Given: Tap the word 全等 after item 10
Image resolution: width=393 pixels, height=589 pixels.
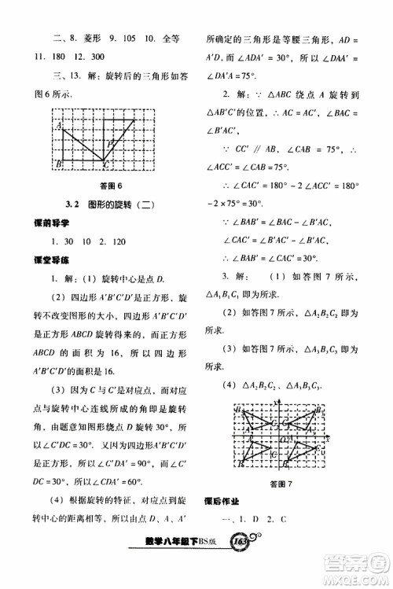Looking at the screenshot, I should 168,37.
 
